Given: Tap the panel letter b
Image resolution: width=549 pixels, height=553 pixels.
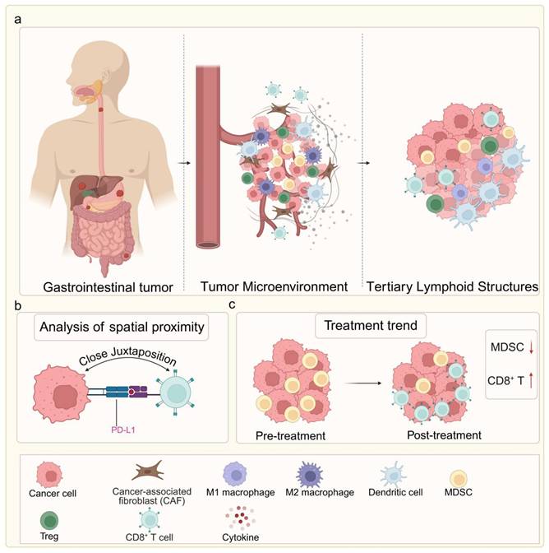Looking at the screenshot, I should click(15, 304).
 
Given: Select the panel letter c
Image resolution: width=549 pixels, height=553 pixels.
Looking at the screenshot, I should click(233, 304).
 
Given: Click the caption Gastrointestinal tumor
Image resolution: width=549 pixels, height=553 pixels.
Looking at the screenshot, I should click(97, 286).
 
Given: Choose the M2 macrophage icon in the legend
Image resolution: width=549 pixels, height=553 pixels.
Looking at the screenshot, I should click(311, 472).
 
